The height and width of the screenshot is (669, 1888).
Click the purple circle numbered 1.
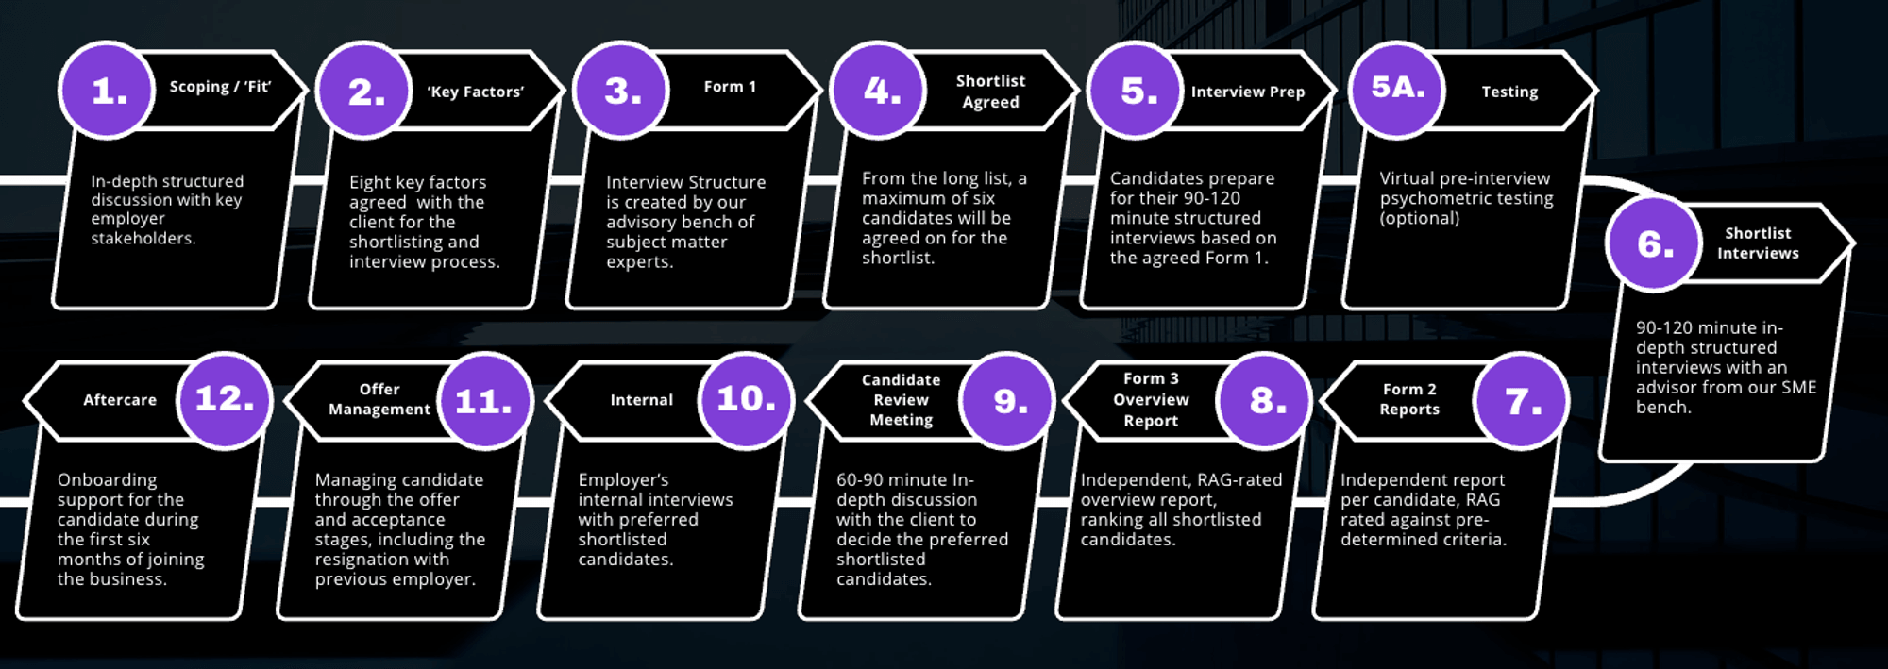(107, 91)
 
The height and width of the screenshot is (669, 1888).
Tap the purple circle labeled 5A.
(1397, 90)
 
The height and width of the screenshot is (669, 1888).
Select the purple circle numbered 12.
(225, 399)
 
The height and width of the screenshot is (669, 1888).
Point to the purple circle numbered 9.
(1008, 401)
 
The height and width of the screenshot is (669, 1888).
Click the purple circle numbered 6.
(1654, 244)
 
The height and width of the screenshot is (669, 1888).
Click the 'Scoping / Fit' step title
(220, 87)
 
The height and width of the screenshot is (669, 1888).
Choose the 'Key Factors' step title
(475, 92)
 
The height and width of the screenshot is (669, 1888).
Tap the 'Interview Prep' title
(1247, 92)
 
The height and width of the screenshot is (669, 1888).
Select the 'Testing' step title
(1509, 92)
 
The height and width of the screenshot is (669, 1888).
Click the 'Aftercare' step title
(120, 400)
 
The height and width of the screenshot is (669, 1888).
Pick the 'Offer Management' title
(379, 399)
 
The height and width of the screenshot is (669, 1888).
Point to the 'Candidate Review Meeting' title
(901, 400)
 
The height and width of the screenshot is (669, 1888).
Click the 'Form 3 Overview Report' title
(1151, 400)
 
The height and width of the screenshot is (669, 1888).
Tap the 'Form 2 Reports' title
(1409, 399)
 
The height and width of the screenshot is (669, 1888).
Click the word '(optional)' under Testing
(1419, 218)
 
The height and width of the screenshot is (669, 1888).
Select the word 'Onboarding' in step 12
(107, 479)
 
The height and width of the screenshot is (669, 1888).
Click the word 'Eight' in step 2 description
(369, 182)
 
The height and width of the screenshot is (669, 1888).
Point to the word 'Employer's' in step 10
(623, 479)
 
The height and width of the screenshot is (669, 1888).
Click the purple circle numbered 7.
(1522, 401)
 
